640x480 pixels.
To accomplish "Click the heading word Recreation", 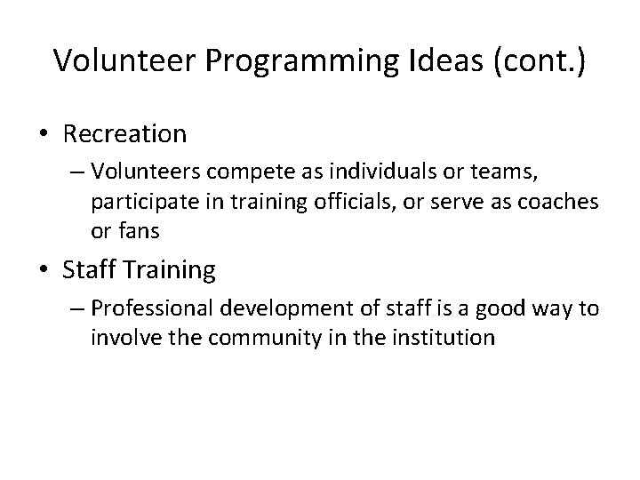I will [x=125, y=134].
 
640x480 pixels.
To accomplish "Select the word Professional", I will [x=146, y=310].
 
